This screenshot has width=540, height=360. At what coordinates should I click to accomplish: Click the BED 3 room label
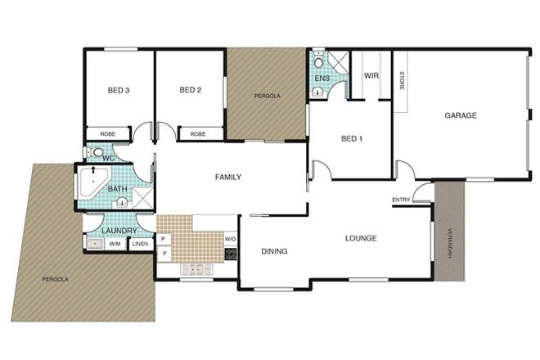point(119,90)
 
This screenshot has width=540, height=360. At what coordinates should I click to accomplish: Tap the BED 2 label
point(190,90)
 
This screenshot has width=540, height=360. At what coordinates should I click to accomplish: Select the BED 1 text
point(351,138)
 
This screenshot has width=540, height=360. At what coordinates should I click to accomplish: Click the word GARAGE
point(461,115)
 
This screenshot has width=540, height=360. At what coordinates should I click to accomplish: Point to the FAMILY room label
point(227,177)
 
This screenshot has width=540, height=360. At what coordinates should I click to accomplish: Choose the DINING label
point(274,251)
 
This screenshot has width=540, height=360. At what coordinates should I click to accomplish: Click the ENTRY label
point(401,200)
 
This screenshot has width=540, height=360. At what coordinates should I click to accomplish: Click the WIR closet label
point(371,75)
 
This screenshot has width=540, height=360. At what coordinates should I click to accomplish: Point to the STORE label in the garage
point(401,82)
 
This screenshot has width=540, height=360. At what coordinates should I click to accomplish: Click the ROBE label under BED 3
point(107,133)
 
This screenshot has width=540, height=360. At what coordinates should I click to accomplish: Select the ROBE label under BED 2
point(198,133)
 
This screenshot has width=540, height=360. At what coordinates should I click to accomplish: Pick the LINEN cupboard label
point(140,243)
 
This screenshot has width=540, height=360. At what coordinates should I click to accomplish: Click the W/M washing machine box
point(115,243)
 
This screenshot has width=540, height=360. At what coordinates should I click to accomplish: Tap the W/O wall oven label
point(230,240)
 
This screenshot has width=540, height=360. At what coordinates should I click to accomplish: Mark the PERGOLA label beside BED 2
point(268,96)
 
